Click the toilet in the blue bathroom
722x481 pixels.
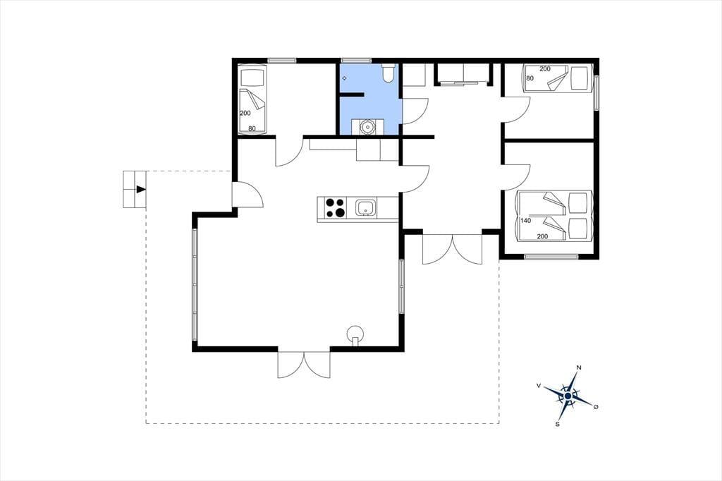point(388,73)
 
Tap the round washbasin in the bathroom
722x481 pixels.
point(368,126)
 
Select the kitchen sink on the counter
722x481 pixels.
point(366,208)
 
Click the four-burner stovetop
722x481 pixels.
point(335,208)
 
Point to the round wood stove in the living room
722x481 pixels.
point(355,334)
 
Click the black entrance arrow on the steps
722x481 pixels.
point(141,189)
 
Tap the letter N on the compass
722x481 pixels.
point(580,367)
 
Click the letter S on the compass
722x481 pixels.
point(557,425)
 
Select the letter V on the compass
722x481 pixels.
point(539,385)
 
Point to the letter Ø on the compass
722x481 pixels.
point(596,407)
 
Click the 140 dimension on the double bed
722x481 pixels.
point(526,221)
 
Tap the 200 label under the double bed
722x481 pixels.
point(542,236)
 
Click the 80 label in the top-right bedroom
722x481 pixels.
point(530,78)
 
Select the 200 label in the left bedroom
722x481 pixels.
point(245,113)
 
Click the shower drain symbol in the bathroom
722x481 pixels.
point(344,78)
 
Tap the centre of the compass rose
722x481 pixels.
point(568,396)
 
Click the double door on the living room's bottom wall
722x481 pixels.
point(304,365)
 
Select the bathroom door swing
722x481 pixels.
point(416,111)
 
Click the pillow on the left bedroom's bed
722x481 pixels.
point(252,77)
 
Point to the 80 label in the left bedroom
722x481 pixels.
point(252,128)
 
